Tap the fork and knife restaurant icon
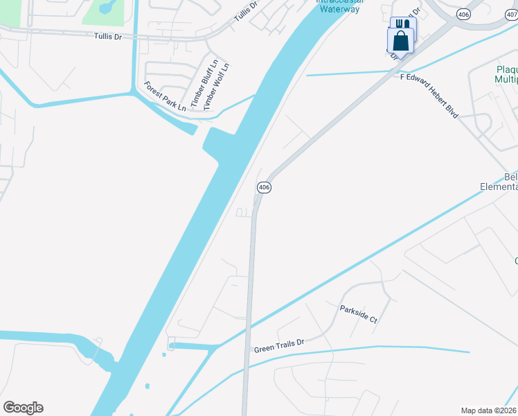[400, 24]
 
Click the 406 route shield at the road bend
[264, 187]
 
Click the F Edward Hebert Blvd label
[429, 96]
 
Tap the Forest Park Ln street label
[165, 96]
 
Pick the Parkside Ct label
[358, 314]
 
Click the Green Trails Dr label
[279, 344]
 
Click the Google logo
[23, 408]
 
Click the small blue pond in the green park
[106, 8]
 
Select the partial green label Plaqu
[507, 69]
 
